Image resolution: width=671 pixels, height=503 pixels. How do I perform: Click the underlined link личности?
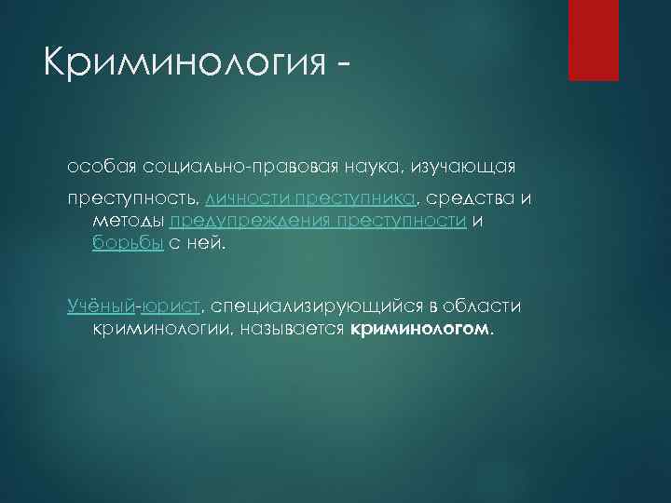[x=249, y=199]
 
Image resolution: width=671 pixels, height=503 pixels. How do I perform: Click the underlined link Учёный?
[x=101, y=306]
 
